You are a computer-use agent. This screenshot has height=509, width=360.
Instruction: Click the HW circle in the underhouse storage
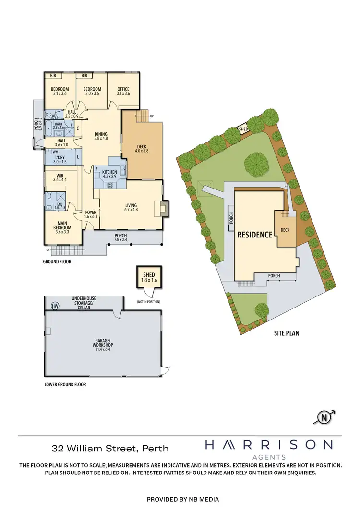coord(55,305)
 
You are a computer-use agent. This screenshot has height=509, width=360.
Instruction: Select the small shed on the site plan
coord(244,129)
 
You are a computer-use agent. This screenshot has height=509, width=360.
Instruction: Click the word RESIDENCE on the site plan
coord(255,235)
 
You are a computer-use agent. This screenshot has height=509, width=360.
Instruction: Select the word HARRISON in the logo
coord(268,445)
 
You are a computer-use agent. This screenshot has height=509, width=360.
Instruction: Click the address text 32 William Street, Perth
coord(110,449)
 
